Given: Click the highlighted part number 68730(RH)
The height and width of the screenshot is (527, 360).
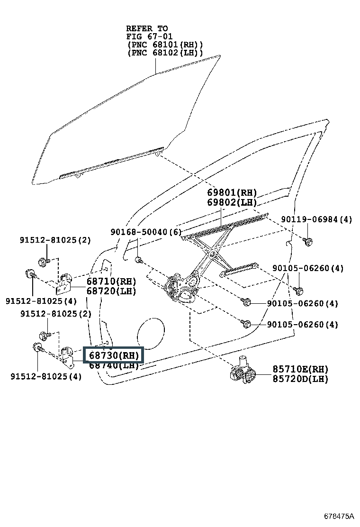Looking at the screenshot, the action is (x=114, y=355).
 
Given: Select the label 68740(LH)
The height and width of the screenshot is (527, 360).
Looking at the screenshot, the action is (x=114, y=365).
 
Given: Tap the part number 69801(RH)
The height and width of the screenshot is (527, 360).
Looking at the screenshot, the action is (x=232, y=192).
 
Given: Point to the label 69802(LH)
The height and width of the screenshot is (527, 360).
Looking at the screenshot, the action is (x=232, y=202).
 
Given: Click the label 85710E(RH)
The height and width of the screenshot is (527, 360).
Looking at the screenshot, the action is (x=300, y=369).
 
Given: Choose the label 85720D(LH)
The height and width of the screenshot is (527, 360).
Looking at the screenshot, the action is (x=300, y=379).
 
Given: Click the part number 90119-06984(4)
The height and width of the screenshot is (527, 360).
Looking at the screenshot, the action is (x=316, y=219).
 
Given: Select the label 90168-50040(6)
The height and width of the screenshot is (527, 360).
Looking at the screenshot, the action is (x=146, y=232).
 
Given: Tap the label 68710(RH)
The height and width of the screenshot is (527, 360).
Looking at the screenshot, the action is (x=111, y=282).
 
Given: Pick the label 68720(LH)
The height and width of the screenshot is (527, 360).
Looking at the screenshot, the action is (x=111, y=291).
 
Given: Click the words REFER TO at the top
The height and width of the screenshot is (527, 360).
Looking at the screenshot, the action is (x=147, y=28).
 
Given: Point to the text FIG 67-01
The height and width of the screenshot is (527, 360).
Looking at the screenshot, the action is (x=149, y=36).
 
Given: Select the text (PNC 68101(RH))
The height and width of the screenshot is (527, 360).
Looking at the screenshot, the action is (x=165, y=45).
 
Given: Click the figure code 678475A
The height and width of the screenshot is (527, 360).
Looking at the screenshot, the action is (x=339, y=516).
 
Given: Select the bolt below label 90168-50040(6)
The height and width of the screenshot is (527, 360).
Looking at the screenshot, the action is (x=139, y=260).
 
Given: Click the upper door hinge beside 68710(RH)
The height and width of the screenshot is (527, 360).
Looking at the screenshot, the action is (x=64, y=282).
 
